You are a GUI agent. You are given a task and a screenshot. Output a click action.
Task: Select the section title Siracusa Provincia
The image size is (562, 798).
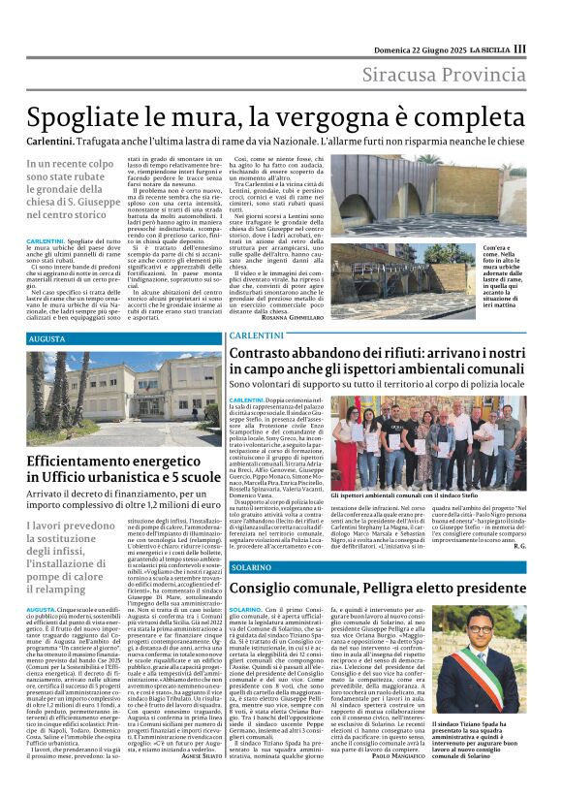click(x=445, y=75)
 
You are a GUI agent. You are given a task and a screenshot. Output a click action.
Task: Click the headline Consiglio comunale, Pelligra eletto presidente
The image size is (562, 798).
click(x=378, y=588)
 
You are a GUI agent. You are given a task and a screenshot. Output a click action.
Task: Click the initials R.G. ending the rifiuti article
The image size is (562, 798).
click(x=519, y=546)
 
